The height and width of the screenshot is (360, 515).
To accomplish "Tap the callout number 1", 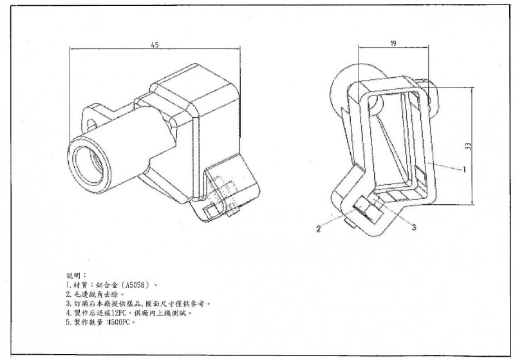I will pyautogui.click(x=463, y=171).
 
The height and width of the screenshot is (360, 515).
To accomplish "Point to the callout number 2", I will pyautogui.click(x=319, y=228).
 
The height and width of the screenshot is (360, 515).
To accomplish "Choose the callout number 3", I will pyautogui.click(x=414, y=227).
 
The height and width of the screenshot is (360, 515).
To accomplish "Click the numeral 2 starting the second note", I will pyautogui.click(x=68, y=293).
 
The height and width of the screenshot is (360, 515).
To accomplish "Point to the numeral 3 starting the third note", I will pyautogui.click(x=68, y=303).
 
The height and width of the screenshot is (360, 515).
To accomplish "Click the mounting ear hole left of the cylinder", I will pyautogui.click(x=90, y=118).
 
